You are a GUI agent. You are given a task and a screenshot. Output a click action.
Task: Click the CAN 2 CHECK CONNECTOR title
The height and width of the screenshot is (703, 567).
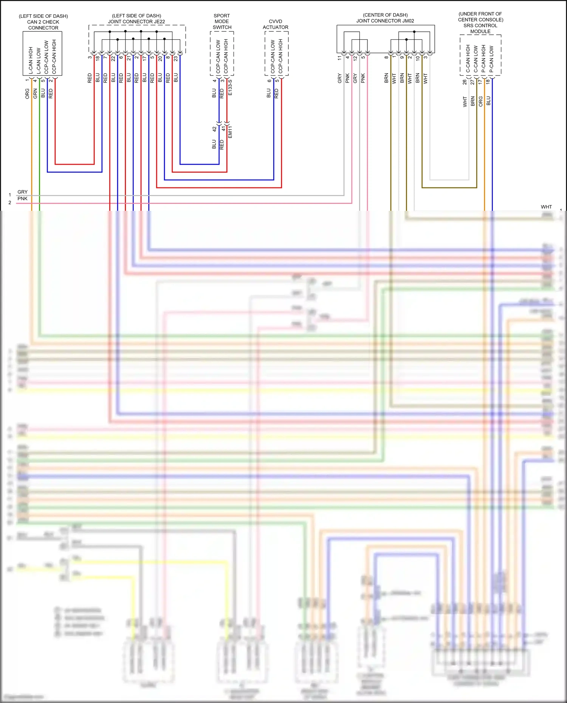pyautogui.click(x=43, y=22)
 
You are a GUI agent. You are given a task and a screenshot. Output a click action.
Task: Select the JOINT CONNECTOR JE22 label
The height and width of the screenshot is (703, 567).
pyautogui.click(x=136, y=22)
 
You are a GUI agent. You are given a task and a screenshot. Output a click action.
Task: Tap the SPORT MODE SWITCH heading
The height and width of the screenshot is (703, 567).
pyautogui.click(x=222, y=22)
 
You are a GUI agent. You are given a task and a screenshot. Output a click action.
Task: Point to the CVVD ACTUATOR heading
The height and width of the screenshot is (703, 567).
pyautogui.click(x=276, y=24)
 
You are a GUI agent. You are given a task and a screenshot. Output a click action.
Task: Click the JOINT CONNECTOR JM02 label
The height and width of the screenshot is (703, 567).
pyautogui.click(x=385, y=21)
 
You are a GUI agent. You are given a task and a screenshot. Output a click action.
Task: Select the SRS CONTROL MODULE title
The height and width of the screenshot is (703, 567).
pyautogui.click(x=480, y=26)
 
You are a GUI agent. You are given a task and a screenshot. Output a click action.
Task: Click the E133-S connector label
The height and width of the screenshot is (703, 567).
pyautogui.click(x=230, y=87)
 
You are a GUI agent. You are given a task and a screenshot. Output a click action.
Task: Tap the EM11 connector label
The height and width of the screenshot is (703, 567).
pyautogui.click(x=230, y=132)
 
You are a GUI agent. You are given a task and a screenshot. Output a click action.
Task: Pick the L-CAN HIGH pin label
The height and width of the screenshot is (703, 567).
pyautogui.click(x=31, y=60)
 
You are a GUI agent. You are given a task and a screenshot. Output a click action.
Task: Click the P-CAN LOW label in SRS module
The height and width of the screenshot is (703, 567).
pyautogui.click(x=491, y=59)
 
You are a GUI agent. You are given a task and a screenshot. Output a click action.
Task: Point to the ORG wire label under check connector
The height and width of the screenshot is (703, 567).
pyautogui.click(x=27, y=94)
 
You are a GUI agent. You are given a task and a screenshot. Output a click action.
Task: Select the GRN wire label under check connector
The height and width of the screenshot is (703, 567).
pyautogui.click(x=35, y=94)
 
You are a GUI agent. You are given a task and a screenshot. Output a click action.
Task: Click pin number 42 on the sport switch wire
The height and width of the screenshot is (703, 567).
pyautogui.click(x=214, y=129)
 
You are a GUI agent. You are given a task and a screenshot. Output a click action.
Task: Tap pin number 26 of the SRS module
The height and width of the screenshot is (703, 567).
pyautogui.click(x=465, y=82)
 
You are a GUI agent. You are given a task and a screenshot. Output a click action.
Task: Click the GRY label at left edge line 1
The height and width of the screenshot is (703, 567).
pyautogui.click(x=23, y=192)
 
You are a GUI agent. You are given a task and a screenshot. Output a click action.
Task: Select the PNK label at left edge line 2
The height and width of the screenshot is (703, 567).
pyautogui.click(x=23, y=199)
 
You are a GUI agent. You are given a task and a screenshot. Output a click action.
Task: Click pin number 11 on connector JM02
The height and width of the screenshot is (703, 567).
pyautogui.click(x=339, y=58)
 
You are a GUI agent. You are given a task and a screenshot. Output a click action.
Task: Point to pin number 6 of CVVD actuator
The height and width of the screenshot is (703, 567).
pyautogui.click(x=269, y=80)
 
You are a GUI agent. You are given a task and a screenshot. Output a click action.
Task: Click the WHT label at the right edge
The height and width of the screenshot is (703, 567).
pyautogui.click(x=546, y=207)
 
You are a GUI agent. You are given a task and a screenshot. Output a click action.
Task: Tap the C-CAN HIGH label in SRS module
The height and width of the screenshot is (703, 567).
pyautogui.click(x=468, y=59)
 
